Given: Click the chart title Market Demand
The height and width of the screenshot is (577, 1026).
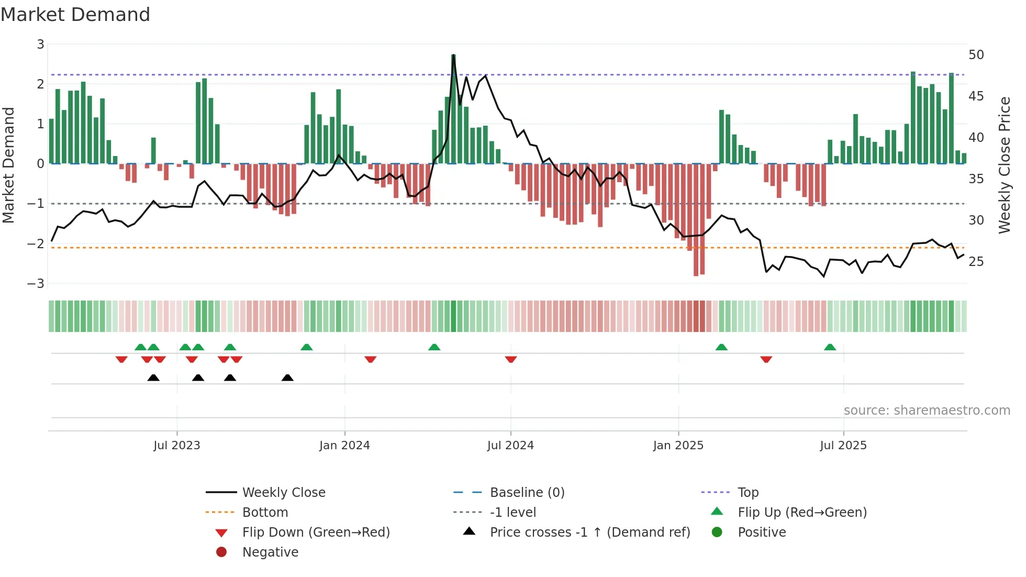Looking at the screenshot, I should click(x=75, y=15).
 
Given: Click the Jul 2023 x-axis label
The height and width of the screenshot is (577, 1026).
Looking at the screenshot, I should click(x=177, y=446).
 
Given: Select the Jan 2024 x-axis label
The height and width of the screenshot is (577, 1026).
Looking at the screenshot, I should click(x=344, y=446).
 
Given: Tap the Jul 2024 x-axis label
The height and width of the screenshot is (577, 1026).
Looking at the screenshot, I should click(x=510, y=446).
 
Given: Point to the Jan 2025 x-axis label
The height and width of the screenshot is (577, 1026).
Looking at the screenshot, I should click(x=678, y=446).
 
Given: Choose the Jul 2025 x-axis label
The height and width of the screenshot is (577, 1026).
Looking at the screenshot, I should click(x=843, y=446).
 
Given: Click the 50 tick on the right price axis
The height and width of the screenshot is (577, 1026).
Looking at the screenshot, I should click(x=976, y=55).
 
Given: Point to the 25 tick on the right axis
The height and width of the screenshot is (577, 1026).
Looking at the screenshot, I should click(x=976, y=261).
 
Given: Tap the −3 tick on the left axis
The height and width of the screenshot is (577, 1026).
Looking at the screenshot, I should click(x=36, y=284).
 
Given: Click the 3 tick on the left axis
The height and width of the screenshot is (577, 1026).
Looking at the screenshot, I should click(x=40, y=45).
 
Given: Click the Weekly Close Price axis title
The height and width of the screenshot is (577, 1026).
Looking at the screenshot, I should click(x=1005, y=165).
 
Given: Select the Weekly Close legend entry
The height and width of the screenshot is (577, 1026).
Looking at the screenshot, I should click(x=284, y=493).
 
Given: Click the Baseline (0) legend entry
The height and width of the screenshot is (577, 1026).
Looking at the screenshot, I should click(x=527, y=493).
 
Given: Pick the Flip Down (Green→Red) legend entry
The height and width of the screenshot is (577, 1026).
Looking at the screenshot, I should click(x=316, y=532).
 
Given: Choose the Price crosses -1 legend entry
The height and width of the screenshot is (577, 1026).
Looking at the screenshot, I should click(x=590, y=532).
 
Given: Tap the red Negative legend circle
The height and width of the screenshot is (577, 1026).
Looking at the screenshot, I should click(x=221, y=552).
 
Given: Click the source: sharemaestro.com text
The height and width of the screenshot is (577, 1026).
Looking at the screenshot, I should click(x=927, y=410).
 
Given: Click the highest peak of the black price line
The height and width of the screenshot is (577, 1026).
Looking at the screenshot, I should click(x=453, y=56).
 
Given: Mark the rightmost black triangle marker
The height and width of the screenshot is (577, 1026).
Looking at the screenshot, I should click(x=287, y=378).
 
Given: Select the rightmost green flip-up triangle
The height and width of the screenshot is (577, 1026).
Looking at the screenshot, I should click(x=830, y=347).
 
